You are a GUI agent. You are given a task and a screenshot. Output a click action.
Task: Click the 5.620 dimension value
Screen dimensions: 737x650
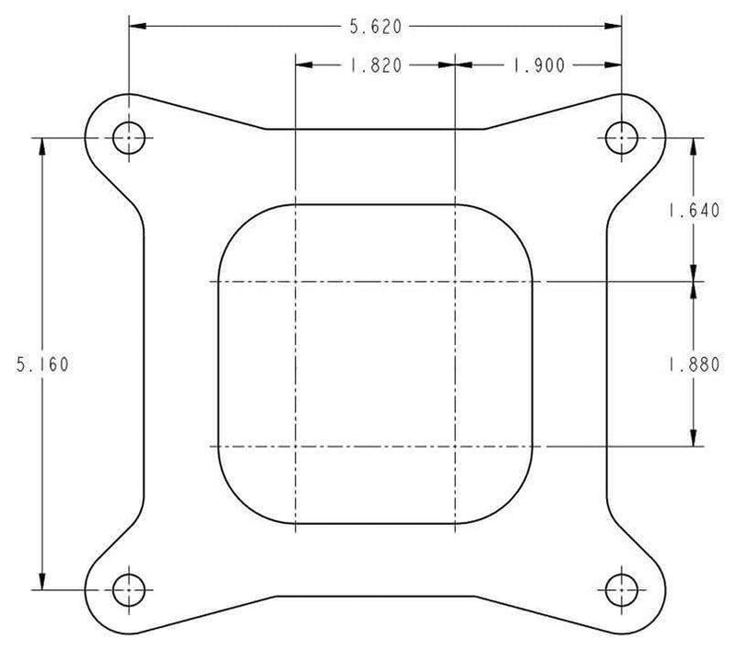376,27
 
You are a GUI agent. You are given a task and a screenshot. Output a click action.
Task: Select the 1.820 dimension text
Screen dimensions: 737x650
376,65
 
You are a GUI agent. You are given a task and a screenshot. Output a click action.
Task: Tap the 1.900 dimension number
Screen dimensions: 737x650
538,65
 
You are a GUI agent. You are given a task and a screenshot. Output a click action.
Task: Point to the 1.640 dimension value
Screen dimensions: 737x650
695,210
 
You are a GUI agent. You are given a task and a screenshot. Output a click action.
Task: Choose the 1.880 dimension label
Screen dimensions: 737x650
695,365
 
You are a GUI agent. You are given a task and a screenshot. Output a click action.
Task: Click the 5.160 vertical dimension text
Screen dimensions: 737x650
42,365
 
